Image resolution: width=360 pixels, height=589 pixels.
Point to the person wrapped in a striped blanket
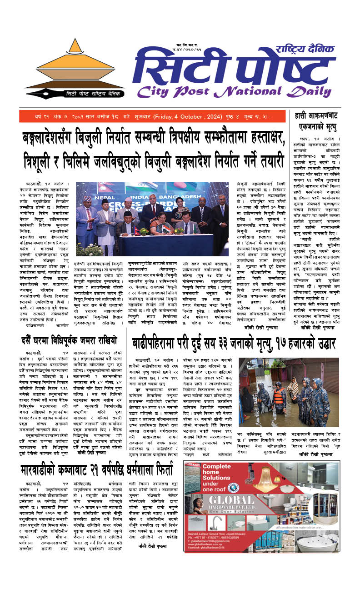click(294, 387)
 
